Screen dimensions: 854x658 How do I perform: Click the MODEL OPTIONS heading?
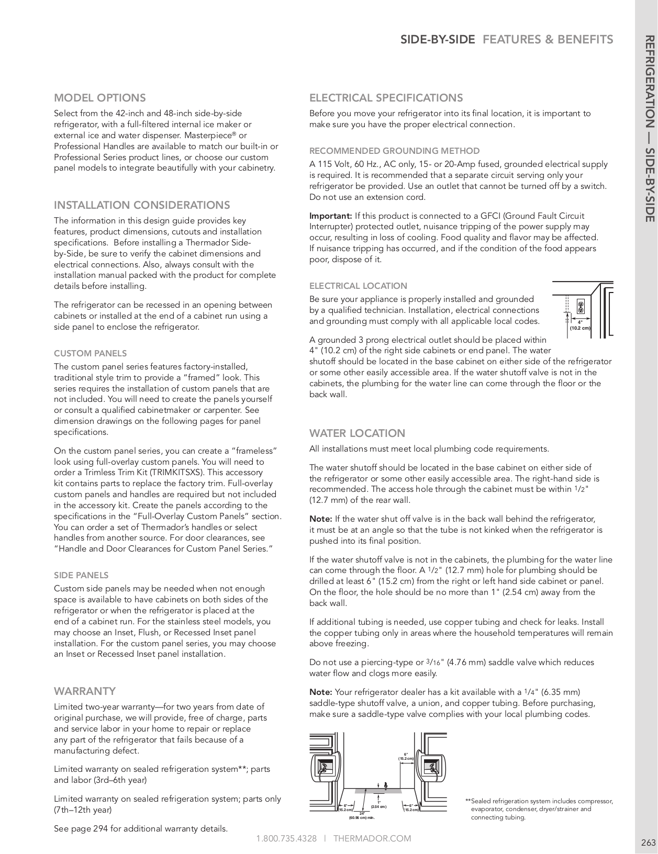coord(100,98)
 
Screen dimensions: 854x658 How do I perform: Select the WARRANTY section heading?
coord(85,691)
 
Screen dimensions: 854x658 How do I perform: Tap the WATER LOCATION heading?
coord(357,433)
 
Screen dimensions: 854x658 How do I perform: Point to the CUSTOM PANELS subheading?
coord(90,353)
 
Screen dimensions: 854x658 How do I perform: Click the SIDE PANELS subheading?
coord(81,575)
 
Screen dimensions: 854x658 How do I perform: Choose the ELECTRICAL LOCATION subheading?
coord(358,286)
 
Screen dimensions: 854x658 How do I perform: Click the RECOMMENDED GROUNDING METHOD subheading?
coord(394,151)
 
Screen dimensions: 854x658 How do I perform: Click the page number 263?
coord(648,842)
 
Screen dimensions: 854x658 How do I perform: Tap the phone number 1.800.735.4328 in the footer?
coord(286,838)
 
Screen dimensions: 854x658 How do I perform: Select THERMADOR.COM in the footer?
coord(372,838)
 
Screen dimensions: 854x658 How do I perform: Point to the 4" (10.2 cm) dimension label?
coord(580,325)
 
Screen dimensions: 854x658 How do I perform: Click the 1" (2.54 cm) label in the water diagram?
coord(379,804)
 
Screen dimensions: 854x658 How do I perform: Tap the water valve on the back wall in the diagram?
coord(385,785)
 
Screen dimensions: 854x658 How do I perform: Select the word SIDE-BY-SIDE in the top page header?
coord(438,40)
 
